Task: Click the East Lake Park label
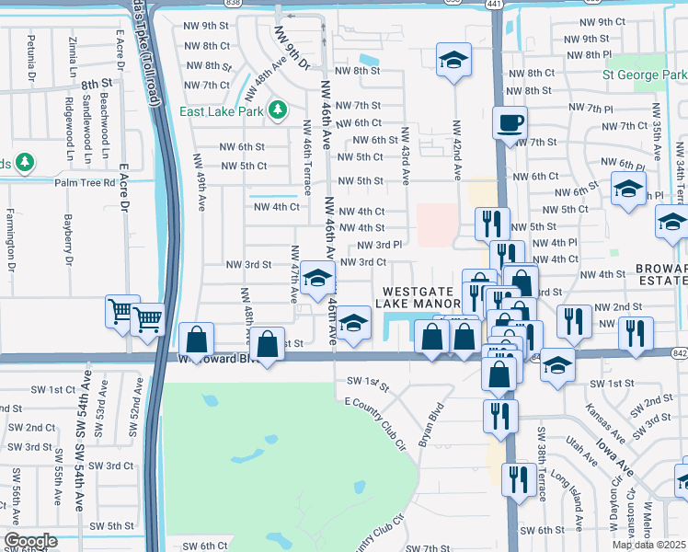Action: [222, 111]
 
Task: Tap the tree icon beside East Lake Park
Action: [277, 111]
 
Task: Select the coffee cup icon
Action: [509, 121]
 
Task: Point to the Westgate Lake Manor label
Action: [420, 296]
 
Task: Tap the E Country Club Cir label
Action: [375, 420]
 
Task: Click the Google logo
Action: [30, 541]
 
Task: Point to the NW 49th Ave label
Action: [200, 182]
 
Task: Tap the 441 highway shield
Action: [495, 5]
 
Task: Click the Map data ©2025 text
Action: [648, 545]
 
